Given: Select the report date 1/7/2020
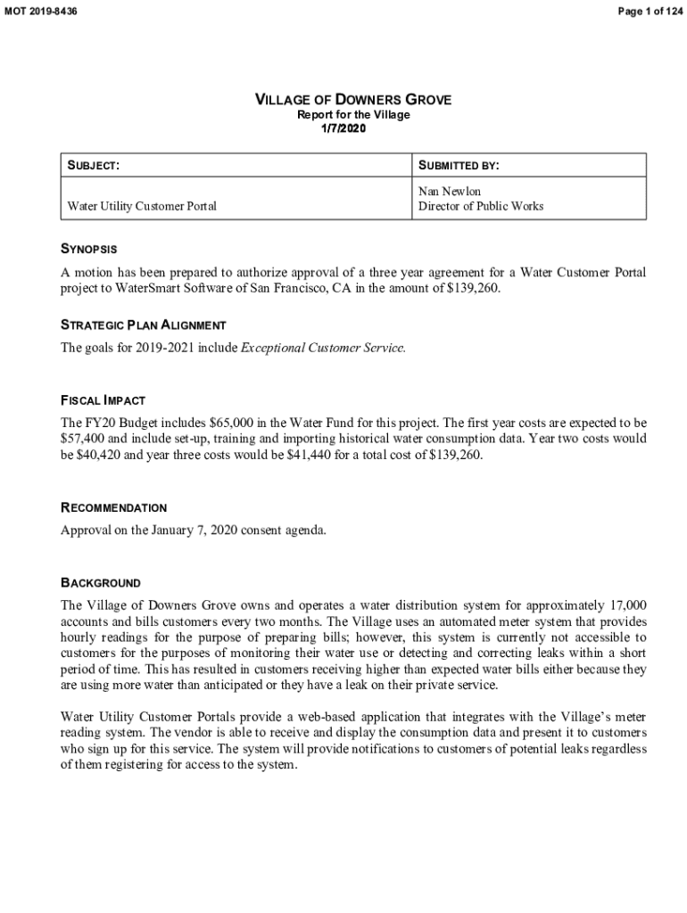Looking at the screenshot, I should [343, 128].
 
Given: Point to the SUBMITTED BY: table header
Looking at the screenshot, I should [459, 166].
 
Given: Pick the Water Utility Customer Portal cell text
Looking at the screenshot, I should [142, 206].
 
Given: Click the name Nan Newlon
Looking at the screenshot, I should [450, 192].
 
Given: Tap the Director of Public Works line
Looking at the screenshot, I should [481, 206].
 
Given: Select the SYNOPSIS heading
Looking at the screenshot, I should [88, 249].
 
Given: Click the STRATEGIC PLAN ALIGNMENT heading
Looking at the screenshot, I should [143, 325].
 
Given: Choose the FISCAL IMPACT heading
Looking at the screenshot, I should [103, 400].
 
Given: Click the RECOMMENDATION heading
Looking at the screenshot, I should [113, 507].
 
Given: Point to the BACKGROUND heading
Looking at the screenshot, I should [100, 582].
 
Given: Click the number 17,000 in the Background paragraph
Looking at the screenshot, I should [628, 605].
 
